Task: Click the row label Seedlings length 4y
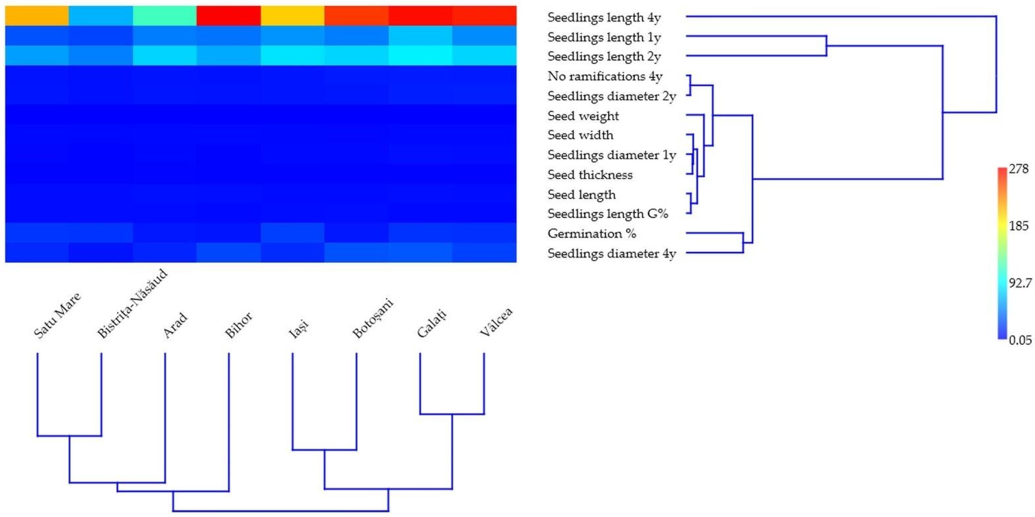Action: [604, 18]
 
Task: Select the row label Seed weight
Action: [583, 116]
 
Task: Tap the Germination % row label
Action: [592, 234]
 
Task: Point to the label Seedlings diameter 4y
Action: [611, 254]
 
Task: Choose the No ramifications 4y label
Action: [605, 76]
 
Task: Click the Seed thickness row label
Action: [590, 175]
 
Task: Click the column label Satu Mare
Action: [57, 315]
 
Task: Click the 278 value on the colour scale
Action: [1018, 169]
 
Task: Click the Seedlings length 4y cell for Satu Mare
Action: [37, 16]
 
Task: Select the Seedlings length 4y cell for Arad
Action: [165, 16]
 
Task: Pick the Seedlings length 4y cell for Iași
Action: [293, 16]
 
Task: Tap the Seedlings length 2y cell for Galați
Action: [420, 55]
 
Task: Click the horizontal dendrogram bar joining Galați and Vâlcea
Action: [452, 414]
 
